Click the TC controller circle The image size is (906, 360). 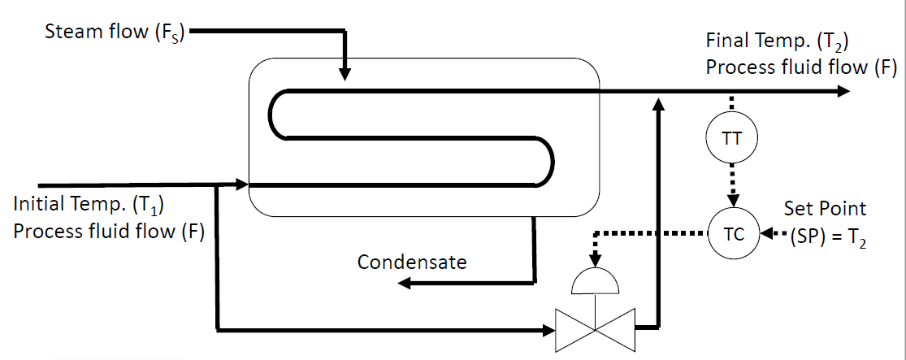pos(732,234)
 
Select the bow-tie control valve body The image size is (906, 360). pos(596,329)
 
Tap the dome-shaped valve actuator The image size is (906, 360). pos(596,282)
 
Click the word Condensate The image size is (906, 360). pos(412,262)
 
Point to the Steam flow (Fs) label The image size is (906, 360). pos(113,33)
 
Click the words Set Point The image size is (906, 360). pos(825,208)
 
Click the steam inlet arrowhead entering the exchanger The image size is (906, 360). pos(345,74)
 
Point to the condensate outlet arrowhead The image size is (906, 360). pos(404,282)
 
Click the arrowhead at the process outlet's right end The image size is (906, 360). pos(844,92)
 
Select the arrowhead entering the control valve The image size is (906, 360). pos(547,329)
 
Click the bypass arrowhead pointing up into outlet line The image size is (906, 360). pos(658,101)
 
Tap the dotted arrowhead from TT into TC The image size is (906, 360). pos(732,201)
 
